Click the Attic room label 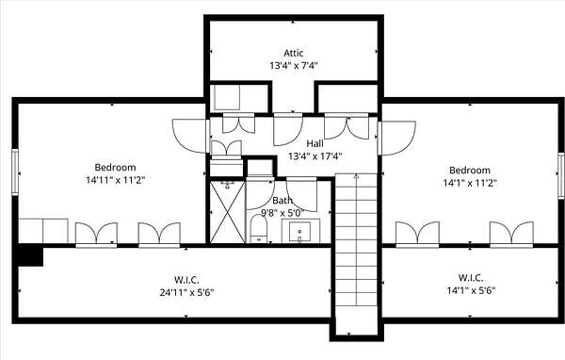click(x=293, y=53)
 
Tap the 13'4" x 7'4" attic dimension click(x=294, y=66)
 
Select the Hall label click(x=315, y=143)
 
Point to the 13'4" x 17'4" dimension click(x=315, y=156)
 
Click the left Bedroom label click(x=115, y=168)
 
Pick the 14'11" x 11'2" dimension click(x=115, y=180)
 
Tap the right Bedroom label click(x=470, y=171)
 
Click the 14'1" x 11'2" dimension click(x=470, y=183)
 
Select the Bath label click(x=282, y=200)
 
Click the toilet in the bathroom click(x=258, y=229)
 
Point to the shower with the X click(x=227, y=212)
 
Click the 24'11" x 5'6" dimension click(x=186, y=292)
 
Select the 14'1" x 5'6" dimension click(x=471, y=290)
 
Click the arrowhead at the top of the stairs click(x=356, y=176)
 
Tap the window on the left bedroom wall click(x=15, y=172)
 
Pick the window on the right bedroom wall click(x=561, y=175)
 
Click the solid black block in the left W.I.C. click(x=31, y=255)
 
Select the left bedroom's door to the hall click(x=189, y=136)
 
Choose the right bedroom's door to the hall click(x=396, y=139)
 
